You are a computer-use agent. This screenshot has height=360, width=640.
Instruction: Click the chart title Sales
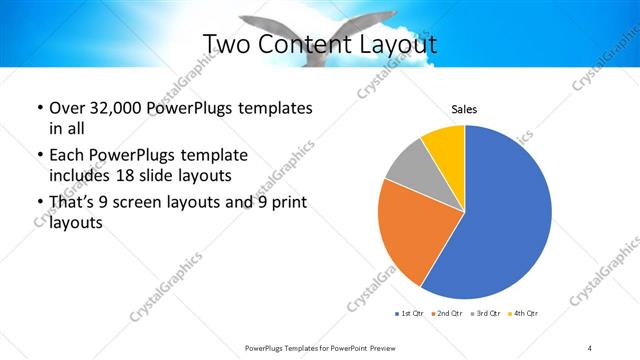(464, 109)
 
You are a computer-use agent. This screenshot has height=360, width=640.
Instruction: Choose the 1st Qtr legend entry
(409, 313)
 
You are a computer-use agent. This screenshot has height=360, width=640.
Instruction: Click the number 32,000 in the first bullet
(114, 108)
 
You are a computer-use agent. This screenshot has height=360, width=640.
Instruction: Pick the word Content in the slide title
(304, 44)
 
